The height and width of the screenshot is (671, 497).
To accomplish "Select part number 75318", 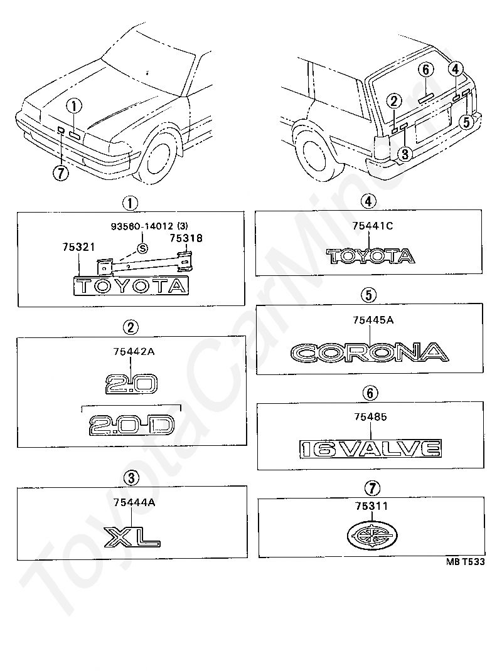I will [185, 238].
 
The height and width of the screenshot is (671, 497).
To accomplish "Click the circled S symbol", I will [142, 249].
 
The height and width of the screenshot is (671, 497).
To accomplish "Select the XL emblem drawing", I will [132, 536].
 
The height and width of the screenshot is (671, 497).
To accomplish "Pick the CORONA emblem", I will [370, 353].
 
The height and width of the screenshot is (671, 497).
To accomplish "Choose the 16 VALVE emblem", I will [370, 448].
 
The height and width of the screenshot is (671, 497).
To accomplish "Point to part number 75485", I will [370, 415].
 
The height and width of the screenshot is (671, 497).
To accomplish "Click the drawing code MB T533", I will [466, 563].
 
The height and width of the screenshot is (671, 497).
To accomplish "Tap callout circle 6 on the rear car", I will [425, 68].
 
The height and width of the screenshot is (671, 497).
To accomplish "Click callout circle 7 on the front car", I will [60, 173].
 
